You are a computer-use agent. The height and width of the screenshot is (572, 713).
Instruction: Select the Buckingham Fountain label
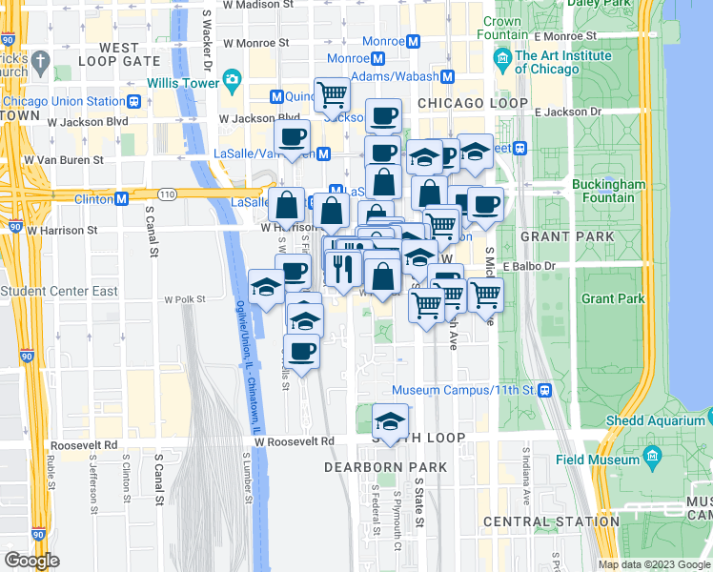609,191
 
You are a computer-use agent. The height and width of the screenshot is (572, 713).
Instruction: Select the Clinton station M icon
121,198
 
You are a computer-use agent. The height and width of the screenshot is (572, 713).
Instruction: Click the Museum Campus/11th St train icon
544,390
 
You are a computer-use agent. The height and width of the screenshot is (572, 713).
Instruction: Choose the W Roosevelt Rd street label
295,441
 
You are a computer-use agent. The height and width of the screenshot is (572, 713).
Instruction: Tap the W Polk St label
185,298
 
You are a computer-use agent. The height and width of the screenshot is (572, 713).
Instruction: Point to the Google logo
31,561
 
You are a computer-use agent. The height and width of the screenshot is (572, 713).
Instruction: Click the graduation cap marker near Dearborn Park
390,419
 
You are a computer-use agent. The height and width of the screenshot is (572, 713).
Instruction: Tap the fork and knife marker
344,267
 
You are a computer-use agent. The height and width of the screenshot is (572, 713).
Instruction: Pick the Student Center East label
59,291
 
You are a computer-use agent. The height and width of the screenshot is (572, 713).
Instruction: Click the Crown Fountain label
501,28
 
